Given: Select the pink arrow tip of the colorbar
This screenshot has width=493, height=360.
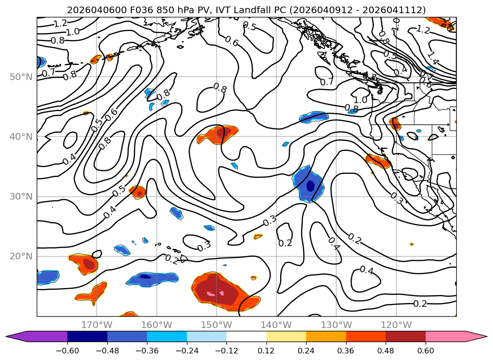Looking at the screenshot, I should [480, 336].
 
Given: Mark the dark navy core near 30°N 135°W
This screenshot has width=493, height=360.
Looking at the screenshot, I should [310, 186].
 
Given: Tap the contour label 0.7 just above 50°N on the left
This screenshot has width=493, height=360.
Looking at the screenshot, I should [48, 73].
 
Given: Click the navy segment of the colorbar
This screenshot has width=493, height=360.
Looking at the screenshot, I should [87, 336].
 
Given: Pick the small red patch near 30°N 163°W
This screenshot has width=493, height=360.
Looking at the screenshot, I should [138, 192].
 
